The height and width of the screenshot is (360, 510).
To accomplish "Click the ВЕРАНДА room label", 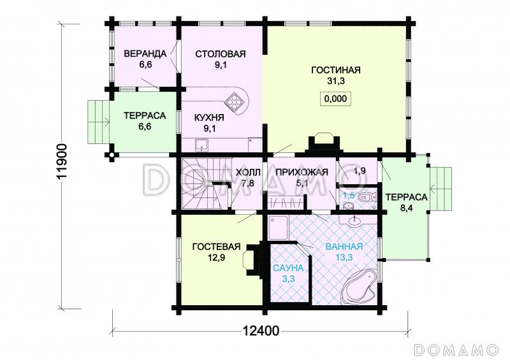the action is pyautogui.click(x=145, y=54).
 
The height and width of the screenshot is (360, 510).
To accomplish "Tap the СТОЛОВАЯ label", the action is pyautogui.click(x=220, y=54).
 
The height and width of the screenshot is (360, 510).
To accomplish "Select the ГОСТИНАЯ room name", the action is pyautogui.click(x=336, y=70).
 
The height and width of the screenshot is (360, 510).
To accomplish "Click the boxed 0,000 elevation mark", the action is pyautogui.click(x=336, y=99).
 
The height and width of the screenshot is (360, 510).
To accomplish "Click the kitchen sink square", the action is pyautogui.click(x=202, y=145).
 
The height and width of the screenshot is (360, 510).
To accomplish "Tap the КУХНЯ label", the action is pyautogui.click(x=209, y=117).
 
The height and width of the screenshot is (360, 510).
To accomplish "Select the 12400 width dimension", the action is pyautogui.click(x=261, y=331).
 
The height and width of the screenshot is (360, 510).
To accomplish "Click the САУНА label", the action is pyautogui.click(x=288, y=268).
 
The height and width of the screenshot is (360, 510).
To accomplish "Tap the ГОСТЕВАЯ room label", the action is pyautogui.click(x=216, y=247).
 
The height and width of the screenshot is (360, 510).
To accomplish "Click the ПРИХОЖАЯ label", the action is pyautogui.click(x=302, y=172).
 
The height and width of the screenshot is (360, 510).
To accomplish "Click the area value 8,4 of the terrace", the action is pyautogui.click(x=406, y=208).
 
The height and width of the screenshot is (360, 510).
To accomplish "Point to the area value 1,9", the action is pyautogui.click(x=360, y=171).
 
